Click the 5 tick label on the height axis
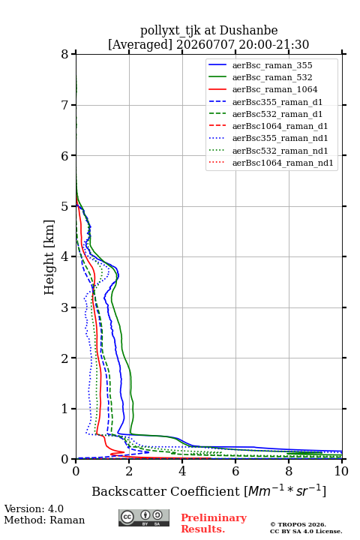click(65, 207)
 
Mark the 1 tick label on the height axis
click(65, 409)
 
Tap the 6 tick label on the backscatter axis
click(235, 471)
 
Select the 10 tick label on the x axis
click(341, 471)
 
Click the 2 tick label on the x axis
click(129, 471)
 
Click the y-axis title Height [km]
click(49, 257)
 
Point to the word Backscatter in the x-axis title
click(129, 491)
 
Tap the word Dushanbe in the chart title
click(248, 31)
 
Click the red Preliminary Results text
click(214, 523)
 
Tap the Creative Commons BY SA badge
click(144, 517)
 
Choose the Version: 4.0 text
click(34, 509)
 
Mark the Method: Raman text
click(44, 520)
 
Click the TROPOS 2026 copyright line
click(298, 524)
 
